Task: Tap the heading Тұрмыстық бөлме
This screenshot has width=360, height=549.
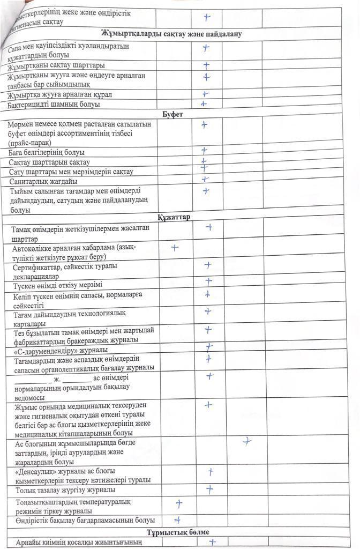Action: [178, 532]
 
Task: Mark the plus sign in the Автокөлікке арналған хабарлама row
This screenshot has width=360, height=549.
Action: [175, 248]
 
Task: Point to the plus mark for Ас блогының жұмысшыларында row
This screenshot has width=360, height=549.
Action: [246, 442]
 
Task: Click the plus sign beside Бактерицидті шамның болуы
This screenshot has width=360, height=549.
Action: [204, 104]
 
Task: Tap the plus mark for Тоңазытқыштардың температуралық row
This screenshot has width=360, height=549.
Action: [179, 503]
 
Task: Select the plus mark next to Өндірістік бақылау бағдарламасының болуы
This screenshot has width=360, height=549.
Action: [177, 520]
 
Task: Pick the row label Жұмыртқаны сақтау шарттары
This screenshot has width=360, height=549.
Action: [56, 66]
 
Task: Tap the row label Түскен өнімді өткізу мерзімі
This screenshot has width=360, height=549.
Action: [58, 285]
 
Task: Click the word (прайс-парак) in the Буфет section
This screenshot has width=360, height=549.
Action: [29, 143]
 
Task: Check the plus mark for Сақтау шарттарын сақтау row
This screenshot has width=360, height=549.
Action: [204, 161]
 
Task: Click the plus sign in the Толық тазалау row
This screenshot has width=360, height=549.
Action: [209, 489]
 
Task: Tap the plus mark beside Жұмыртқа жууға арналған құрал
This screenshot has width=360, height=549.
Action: [205, 94]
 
